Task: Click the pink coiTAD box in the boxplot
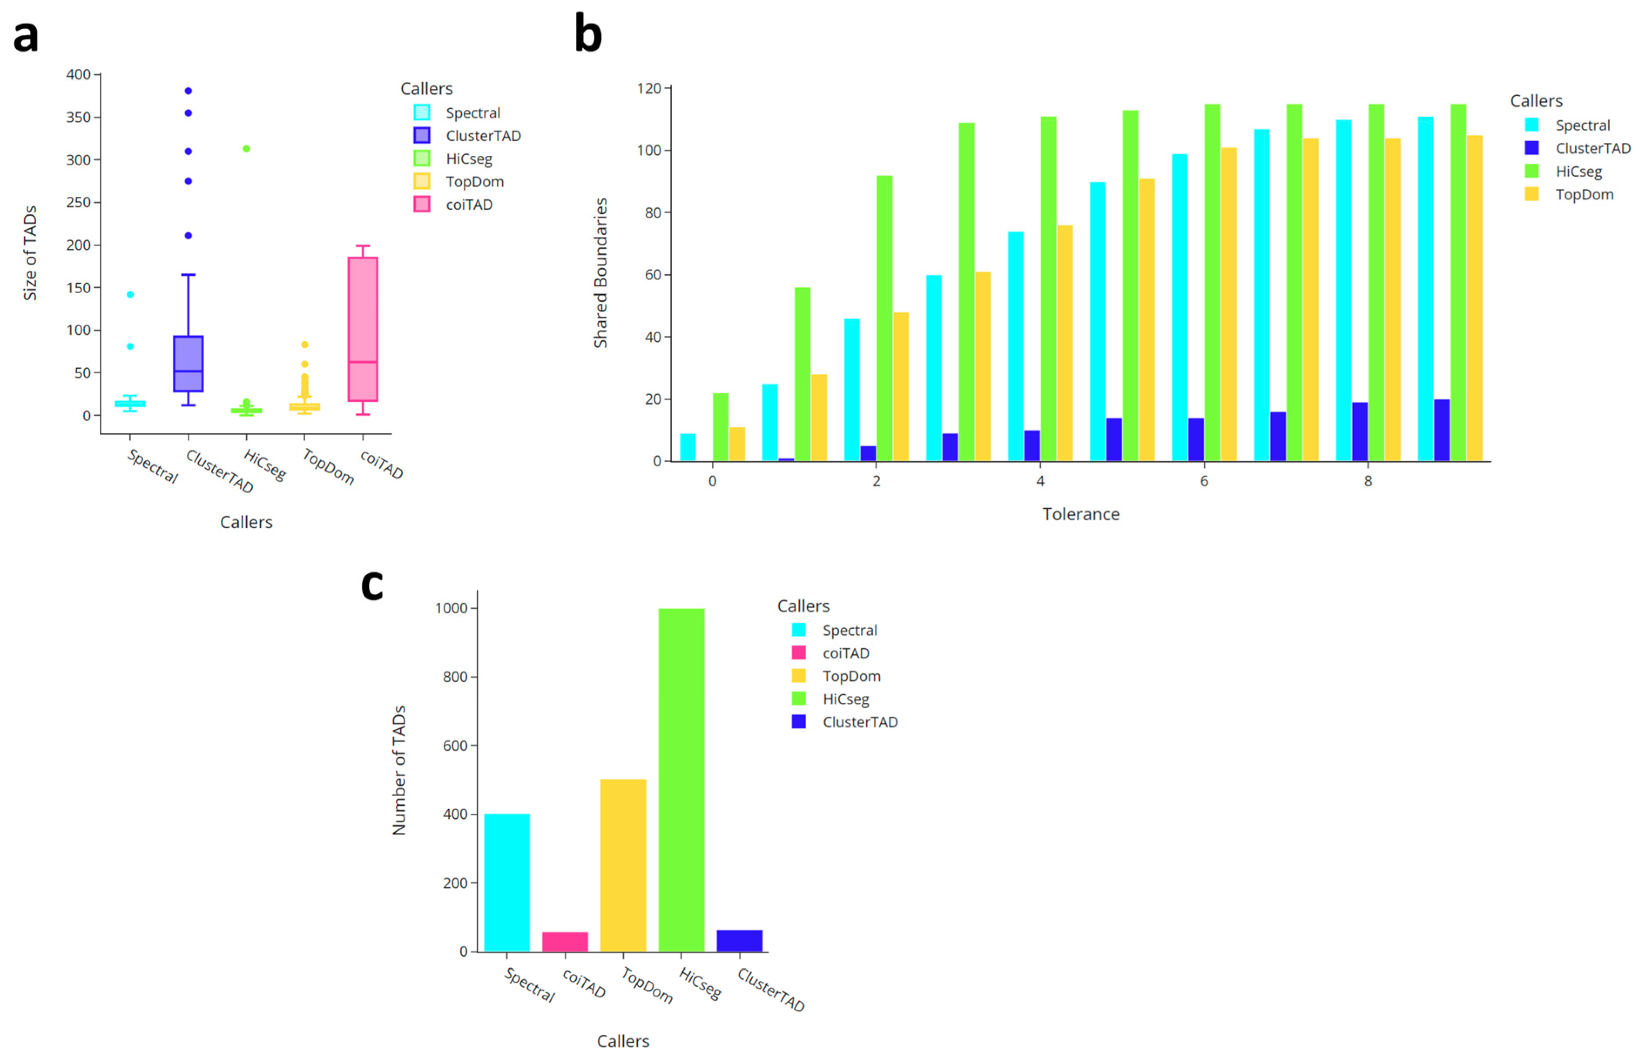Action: point(362,329)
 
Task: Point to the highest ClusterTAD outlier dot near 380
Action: point(188,91)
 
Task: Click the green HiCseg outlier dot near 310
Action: point(246,149)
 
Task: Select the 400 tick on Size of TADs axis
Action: point(78,74)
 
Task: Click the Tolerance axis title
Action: point(1080,514)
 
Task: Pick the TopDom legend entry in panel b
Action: point(1583,195)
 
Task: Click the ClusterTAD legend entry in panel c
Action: point(859,722)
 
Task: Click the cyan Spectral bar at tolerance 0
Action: point(687,447)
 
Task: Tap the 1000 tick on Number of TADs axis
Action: point(451,608)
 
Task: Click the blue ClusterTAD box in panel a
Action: point(188,363)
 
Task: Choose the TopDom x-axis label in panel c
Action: point(646,985)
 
